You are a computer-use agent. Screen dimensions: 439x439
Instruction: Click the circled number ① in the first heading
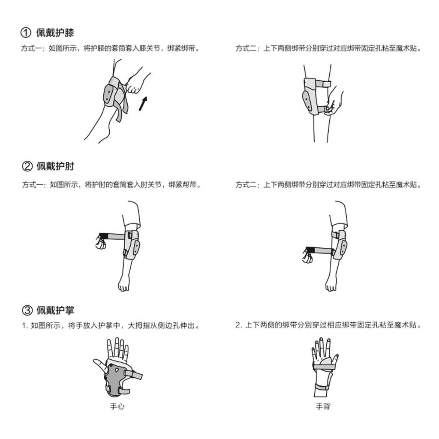click(x=26, y=33)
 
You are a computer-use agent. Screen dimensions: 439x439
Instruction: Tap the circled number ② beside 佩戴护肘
click(x=27, y=166)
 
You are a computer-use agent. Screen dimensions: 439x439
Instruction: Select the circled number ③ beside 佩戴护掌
click(x=27, y=310)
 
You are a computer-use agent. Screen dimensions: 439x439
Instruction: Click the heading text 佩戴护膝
click(x=55, y=33)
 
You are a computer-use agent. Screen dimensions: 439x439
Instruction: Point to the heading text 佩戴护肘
click(x=55, y=166)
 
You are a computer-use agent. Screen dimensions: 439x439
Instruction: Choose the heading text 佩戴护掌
click(x=55, y=310)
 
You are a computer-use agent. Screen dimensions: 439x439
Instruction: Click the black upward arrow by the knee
click(x=143, y=104)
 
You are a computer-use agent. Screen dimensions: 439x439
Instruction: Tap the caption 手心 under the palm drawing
click(x=117, y=406)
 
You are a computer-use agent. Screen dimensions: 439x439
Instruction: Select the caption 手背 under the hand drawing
click(x=323, y=406)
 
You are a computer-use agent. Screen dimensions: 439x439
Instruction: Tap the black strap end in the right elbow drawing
click(x=310, y=250)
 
